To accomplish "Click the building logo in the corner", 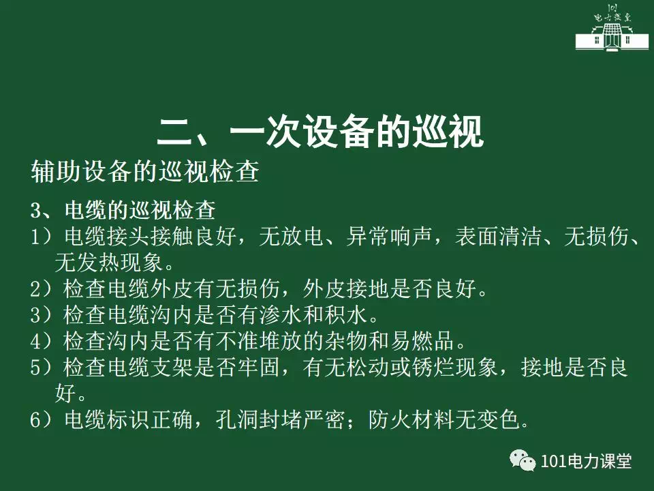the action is point(612,28).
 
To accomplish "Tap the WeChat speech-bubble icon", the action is point(523,460).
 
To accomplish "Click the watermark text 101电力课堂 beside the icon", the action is point(586,461).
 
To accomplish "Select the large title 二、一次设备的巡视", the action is point(320,132).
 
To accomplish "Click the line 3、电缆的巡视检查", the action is point(123,210).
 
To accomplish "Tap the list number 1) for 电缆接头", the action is point(42,237).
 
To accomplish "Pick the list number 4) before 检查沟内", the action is point(42,341).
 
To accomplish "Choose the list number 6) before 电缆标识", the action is point(42,419).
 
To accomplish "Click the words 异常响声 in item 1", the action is point(389,237).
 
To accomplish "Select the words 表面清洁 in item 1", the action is point(498,237).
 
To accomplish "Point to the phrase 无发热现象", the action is point(109,263).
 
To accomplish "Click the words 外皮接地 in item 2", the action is point(347,288).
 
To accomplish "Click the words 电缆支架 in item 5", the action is point(150,368).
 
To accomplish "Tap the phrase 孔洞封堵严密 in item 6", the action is point(280,419).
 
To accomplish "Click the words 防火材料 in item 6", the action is point(411,419).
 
